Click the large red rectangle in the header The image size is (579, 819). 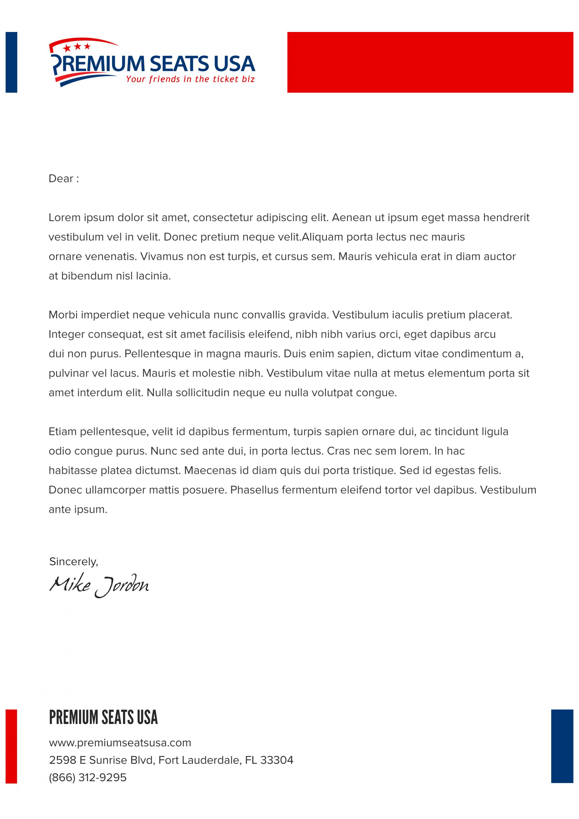pos(430,62)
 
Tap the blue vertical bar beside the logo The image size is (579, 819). pos(12,62)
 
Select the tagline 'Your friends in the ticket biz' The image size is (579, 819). pos(190,79)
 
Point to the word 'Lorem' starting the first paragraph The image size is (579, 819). pos(65,218)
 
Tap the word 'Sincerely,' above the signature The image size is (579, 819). pos(74,562)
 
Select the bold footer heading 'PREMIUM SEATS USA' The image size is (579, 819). pos(103,718)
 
